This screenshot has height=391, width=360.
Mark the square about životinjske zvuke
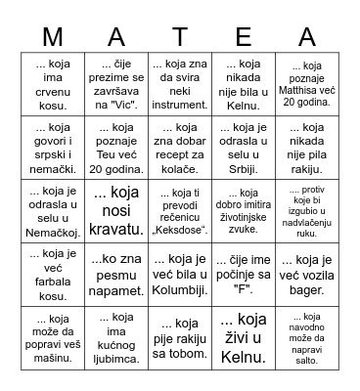point(244,208)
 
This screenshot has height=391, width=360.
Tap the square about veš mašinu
point(55,333)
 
